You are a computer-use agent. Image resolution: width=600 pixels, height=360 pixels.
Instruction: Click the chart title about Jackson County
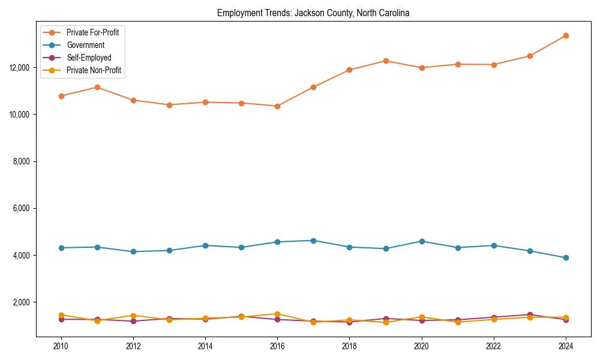pyautogui.click(x=313, y=13)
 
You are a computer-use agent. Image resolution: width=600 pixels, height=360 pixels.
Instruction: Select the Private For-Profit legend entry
pyautogui.click(x=92, y=32)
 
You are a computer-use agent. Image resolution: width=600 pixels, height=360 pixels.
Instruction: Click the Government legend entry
pyautogui.click(x=85, y=45)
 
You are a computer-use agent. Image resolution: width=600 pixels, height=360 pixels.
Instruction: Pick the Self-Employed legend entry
pyautogui.click(x=89, y=58)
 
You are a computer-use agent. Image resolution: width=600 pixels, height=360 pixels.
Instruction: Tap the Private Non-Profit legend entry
pyautogui.click(x=94, y=70)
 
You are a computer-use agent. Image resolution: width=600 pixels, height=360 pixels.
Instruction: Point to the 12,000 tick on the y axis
pyautogui.click(x=20, y=68)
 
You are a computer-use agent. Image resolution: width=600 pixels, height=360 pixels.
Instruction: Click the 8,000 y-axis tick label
pyautogui.click(x=22, y=161)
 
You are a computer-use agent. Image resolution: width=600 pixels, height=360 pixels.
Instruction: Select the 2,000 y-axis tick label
pyautogui.click(x=22, y=302)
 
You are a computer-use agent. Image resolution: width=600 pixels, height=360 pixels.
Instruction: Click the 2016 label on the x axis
pyautogui.click(x=277, y=346)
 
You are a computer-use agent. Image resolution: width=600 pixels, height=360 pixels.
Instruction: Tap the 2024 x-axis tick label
pyautogui.click(x=566, y=346)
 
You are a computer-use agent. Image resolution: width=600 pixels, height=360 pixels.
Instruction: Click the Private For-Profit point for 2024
pyautogui.click(x=566, y=35)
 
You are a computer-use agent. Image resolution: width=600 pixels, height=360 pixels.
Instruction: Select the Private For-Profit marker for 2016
pyautogui.click(x=277, y=106)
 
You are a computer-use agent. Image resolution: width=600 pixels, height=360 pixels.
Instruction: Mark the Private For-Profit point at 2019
pyautogui.click(x=386, y=61)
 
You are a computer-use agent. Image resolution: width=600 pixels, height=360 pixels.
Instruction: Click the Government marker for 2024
pyautogui.click(x=566, y=258)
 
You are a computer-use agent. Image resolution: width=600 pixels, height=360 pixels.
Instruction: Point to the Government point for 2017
pyautogui.click(x=313, y=241)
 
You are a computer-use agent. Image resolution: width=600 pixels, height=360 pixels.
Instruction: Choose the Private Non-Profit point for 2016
pyautogui.click(x=277, y=314)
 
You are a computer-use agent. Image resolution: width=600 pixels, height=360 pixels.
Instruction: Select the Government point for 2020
pyautogui.click(x=422, y=241)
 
